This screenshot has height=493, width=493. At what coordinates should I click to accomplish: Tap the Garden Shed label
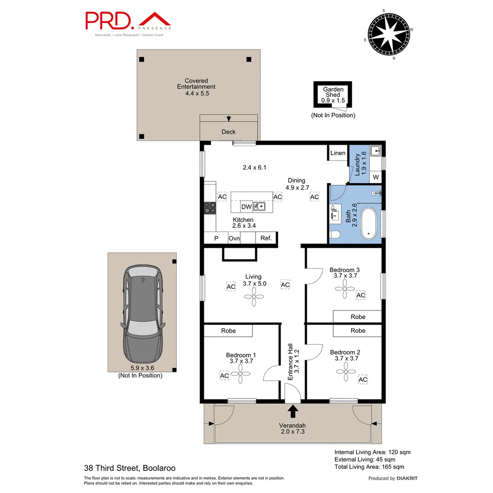(333, 92)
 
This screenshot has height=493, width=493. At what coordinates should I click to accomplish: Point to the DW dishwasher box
(246, 207)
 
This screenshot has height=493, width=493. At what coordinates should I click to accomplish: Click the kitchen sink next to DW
(260, 207)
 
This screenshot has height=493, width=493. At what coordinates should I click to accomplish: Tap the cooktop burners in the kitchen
(210, 208)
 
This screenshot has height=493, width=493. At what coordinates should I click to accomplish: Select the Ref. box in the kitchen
(266, 238)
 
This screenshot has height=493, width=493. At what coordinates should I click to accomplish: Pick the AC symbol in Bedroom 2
(363, 379)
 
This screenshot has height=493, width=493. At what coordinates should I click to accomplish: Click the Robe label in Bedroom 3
(358, 317)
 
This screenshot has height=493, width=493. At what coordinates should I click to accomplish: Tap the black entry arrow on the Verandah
(292, 411)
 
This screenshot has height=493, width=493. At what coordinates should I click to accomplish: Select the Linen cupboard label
(338, 153)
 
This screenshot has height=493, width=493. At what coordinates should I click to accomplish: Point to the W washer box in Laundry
(376, 177)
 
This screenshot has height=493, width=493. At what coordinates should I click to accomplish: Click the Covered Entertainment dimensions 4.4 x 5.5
(196, 93)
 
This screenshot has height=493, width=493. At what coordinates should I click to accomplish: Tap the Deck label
(229, 132)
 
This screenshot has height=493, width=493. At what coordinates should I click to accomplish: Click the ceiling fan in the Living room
(253, 297)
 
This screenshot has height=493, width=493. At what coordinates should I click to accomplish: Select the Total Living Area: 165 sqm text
(369, 467)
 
